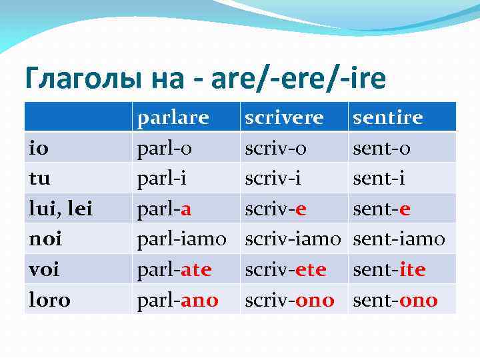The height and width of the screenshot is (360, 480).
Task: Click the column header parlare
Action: click(x=173, y=118)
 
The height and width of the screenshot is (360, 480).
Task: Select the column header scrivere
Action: click(x=284, y=118)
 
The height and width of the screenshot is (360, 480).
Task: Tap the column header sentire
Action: click(x=387, y=118)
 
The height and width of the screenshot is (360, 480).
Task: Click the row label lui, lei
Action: click(x=59, y=209)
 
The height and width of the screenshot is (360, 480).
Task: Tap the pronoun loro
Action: click(x=49, y=300)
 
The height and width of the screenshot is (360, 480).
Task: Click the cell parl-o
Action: click(x=164, y=148)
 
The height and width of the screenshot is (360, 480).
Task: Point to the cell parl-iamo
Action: click(x=181, y=239)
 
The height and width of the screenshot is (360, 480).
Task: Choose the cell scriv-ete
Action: click(x=285, y=269)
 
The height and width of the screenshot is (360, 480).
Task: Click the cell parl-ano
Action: click(x=177, y=300)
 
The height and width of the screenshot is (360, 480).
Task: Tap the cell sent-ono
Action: click(x=395, y=300)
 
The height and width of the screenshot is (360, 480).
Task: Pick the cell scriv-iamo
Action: click(x=293, y=239)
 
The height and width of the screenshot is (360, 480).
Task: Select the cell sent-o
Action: click(x=381, y=148)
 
